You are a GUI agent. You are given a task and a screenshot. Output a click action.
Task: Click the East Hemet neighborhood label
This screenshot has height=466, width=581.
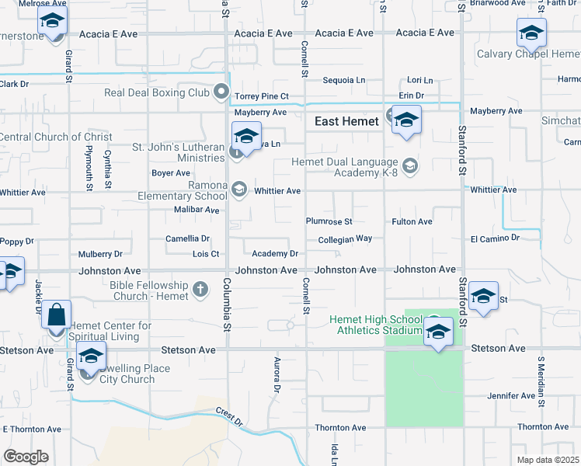tap(346, 121)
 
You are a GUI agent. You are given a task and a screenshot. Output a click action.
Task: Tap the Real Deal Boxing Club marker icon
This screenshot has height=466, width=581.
tap(222, 93)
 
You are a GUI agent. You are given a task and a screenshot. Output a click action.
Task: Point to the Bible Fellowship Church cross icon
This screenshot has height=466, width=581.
tap(200, 290)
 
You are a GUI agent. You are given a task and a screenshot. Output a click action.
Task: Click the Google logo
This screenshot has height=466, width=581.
tap(26, 456)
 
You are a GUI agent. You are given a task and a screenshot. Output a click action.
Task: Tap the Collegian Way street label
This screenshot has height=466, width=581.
tap(345, 239)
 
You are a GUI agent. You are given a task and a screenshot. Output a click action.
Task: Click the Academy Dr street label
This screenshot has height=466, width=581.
tap(275, 254)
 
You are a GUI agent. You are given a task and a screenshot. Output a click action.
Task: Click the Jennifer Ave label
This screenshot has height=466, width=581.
tap(511, 396)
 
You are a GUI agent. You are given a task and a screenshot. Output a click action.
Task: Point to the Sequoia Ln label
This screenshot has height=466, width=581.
tap(343, 80)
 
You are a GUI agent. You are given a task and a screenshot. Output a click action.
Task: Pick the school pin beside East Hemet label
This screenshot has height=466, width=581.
tap(405, 122)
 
